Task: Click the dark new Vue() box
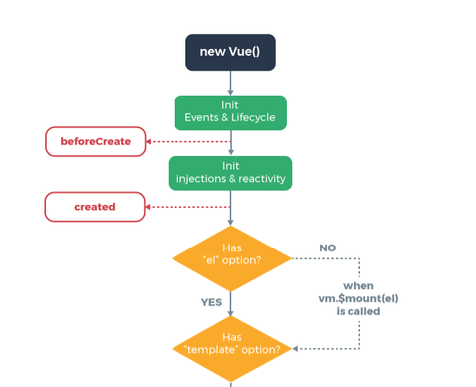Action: tap(230, 53)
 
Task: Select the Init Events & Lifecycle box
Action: tap(230, 113)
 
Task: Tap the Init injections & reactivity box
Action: tap(230, 173)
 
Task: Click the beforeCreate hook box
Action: tap(96, 142)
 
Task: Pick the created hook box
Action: tap(95, 207)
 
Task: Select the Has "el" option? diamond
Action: tap(232, 258)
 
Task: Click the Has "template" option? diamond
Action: tap(232, 349)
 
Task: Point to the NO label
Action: tap(328, 248)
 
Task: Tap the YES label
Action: tap(212, 303)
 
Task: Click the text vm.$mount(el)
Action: tap(359, 299)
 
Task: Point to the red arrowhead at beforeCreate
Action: tap(149, 142)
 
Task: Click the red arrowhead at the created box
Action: tap(148, 207)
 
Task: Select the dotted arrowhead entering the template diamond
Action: tap(295, 349)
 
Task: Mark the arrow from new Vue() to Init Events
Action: tap(230, 83)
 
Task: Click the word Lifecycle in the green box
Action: tap(253, 117)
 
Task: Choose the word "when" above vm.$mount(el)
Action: tap(359, 286)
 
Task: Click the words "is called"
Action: tap(359, 312)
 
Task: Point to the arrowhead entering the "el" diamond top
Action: tap(230, 223)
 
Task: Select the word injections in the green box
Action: tap(201, 178)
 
